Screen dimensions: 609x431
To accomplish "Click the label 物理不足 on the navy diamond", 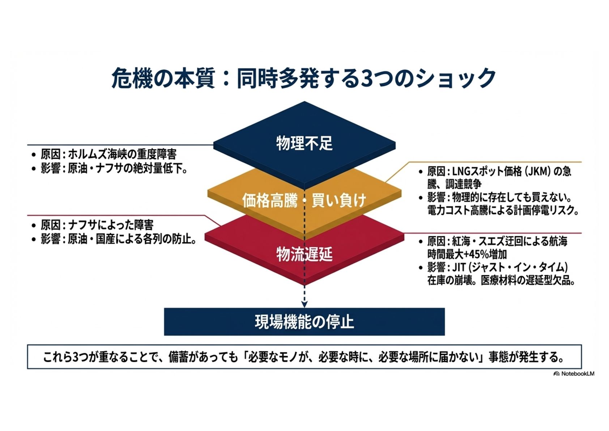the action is tap(304, 143).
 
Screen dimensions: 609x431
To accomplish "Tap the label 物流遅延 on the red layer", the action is tap(304, 255).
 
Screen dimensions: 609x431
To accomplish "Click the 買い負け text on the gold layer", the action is tap(338, 200).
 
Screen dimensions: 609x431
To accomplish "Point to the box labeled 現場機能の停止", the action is tap(304, 322).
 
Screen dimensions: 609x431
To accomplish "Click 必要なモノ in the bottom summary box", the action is tap(280, 357).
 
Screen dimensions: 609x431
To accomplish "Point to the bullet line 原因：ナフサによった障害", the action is tap(97, 225).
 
